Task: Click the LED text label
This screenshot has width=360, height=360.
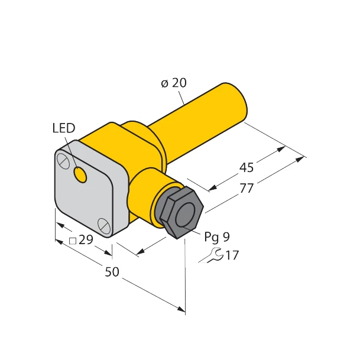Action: coord(64,128)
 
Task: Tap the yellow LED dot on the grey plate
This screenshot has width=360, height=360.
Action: coord(80,174)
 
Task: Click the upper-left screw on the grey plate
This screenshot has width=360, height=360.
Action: coord(62,158)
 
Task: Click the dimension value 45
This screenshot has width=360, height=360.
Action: coord(247,168)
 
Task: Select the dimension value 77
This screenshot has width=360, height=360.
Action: coord(247,189)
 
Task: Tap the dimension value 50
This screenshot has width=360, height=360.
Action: coord(112,273)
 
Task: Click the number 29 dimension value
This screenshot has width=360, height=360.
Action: coord(86,241)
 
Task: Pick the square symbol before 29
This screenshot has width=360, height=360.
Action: coord(73,241)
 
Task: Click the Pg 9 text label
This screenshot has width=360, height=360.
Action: coord(217,237)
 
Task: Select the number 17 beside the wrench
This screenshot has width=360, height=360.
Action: coord(232,255)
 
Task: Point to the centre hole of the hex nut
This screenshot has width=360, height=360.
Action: coord(186,213)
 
